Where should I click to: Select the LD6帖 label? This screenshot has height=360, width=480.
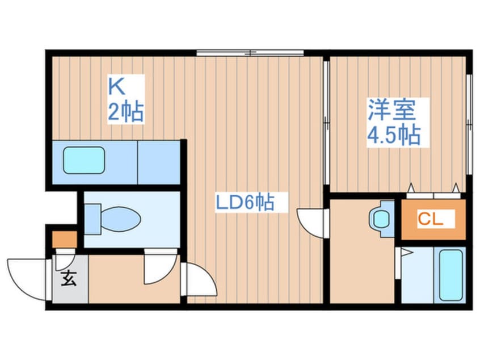pyautogui.click(x=244, y=202)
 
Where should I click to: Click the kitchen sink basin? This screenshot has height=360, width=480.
pyautogui.click(x=84, y=161)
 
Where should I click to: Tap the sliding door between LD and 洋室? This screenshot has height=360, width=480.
pyautogui.click(x=326, y=122)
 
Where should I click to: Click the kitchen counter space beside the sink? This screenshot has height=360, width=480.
pyautogui.click(x=158, y=162)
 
